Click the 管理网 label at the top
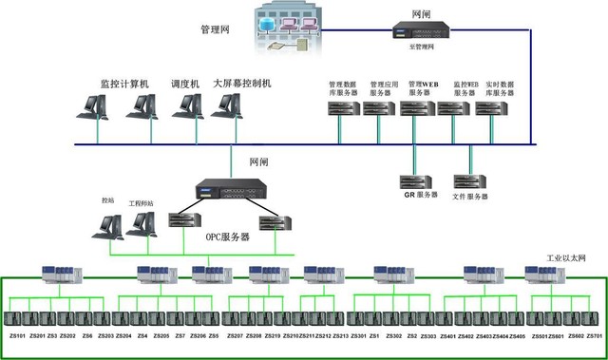(x=216, y=30)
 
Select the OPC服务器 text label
(x=227, y=237)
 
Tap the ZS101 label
(x=18, y=336)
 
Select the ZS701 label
(x=596, y=336)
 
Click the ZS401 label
(x=447, y=336)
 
